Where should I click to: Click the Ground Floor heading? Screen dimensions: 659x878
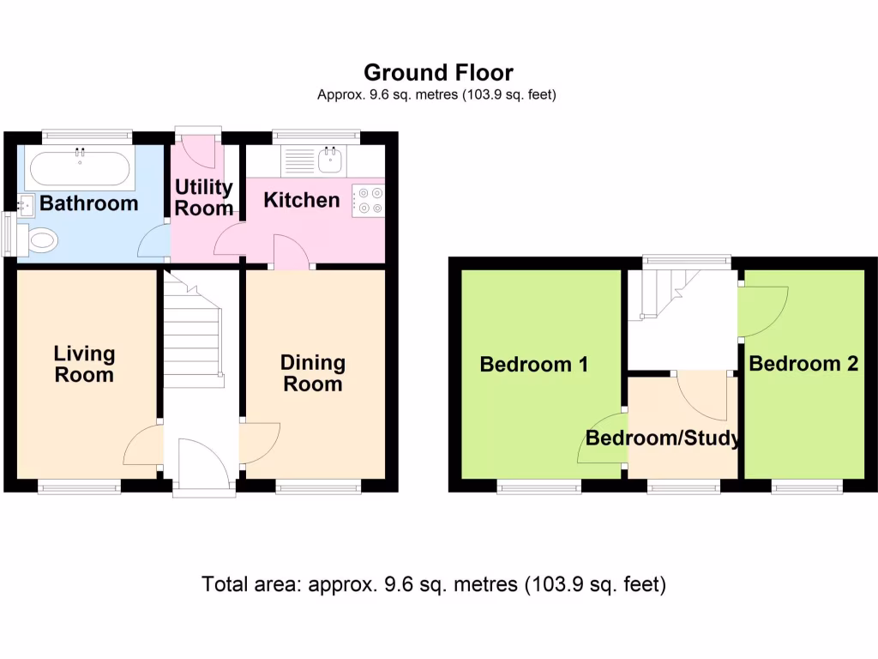[x=438, y=72]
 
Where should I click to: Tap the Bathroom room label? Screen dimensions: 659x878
[x=88, y=203]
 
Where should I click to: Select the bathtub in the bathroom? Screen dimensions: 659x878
[x=79, y=169]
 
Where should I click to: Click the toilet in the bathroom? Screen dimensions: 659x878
[x=41, y=239]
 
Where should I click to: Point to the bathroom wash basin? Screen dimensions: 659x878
[x=25, y=205]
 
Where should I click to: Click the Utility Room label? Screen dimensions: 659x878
[x=204, y=197]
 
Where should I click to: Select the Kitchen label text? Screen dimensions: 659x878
[x=301, y=200]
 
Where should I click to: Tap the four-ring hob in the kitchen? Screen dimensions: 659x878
[x=370, y=200]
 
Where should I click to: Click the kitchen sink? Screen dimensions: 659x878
[x=330, y=159]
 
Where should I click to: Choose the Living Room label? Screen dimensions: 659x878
[x=84, y=364]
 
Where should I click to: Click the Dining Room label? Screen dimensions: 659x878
[x=313, y=373]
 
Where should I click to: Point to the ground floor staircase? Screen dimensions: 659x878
[x=193, y=335]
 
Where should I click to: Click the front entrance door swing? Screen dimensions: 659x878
[x=203, y=464]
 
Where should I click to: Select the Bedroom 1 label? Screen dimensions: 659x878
[x=533, y=364]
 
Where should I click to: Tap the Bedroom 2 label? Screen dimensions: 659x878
[x=803, y=364]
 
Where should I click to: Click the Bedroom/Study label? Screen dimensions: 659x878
[x=663, y=438]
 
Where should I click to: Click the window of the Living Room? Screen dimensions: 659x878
[x=80, y=487]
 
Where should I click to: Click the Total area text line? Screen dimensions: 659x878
[x=434, y=585]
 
